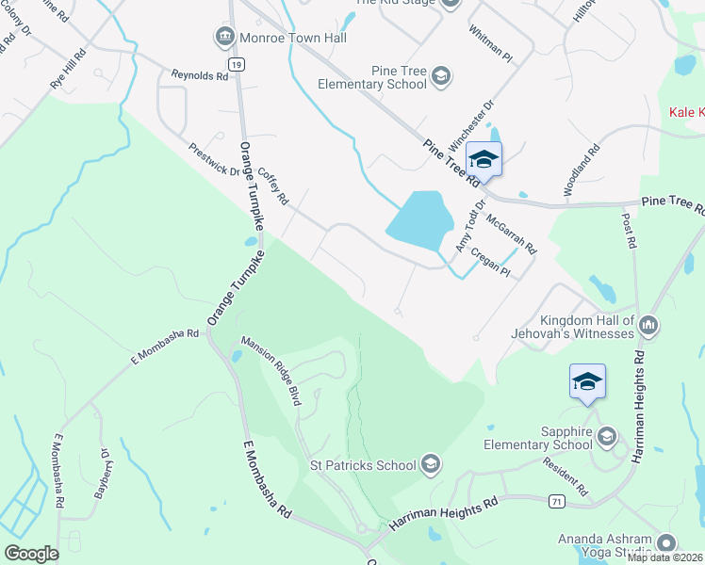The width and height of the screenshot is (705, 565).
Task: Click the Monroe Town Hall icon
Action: [x=224, y=38]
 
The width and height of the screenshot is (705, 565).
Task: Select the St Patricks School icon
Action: [x=430, y=464]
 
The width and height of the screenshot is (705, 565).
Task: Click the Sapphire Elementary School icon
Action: [x=606, y=436]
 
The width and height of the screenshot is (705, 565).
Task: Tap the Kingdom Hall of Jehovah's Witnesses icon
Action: [x=648, y=326]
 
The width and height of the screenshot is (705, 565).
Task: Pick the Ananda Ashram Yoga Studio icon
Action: [x=666, y=543]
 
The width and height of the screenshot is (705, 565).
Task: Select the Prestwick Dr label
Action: [x=214, y=158]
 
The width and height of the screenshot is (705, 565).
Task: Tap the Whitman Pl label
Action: [x=490, y=43]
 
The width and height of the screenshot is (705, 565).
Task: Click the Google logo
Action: [x=31, y=554]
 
